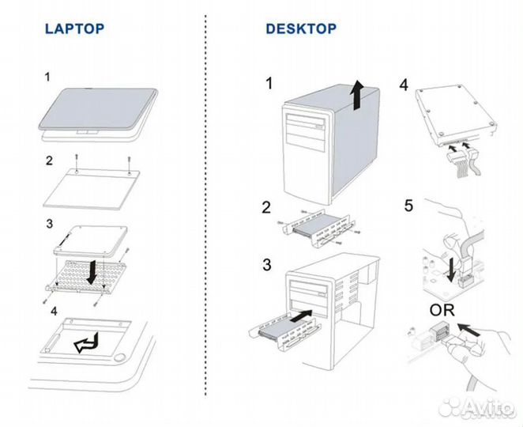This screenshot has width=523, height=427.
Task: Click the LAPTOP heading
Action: [x=74, y=29]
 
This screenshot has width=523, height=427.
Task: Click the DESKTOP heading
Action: [x=301, y=29]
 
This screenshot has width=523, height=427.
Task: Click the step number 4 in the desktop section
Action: [x=404, y=84]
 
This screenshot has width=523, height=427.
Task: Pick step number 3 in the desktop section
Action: [x=269, y=264]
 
